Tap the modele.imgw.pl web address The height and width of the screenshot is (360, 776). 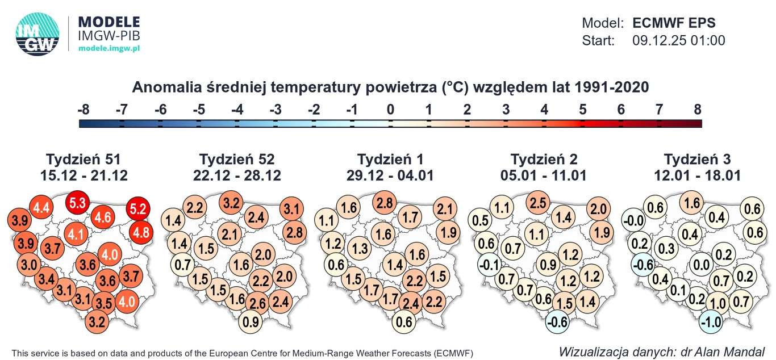(109, 49)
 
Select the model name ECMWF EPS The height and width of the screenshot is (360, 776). (674, 23)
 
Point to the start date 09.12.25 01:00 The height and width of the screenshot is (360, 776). (678, 40)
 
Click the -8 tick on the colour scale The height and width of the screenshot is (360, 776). (84, 110)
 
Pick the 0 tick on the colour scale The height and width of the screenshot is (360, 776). (390, 110)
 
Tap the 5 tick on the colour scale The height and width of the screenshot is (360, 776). (582, 110)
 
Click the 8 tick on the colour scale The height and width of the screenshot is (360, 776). (698, 110)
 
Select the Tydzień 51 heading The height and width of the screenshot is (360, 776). (84, 159)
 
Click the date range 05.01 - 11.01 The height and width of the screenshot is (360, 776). (544, 175)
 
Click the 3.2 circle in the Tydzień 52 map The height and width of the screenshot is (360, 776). (231, 202)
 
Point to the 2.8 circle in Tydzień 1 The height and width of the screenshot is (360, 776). (385, 203)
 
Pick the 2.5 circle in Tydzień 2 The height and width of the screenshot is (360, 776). (538, 203)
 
